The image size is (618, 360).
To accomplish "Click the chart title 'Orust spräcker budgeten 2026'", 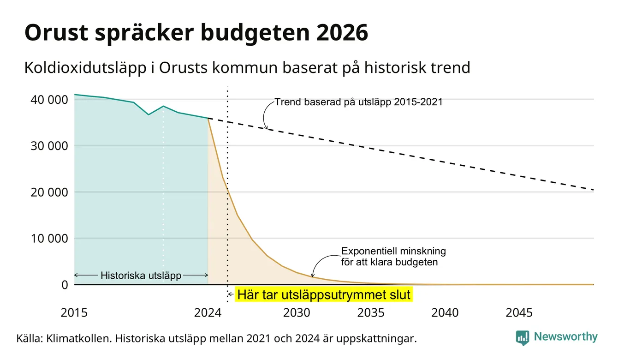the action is tap(196, 33).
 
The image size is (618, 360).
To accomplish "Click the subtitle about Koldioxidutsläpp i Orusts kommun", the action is tap(247, 68).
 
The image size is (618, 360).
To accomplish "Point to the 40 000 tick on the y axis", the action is tap(49, 100).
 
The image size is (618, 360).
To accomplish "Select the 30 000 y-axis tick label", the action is tap(49, 146).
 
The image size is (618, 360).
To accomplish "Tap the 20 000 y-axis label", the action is tap(49, 192).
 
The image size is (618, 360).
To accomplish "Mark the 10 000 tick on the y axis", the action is tap(49, 238).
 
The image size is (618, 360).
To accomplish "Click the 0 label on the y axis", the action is tap(65, 285).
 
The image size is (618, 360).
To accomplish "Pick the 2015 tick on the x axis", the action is tap(74, 313).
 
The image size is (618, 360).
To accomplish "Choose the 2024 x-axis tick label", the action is tap(208, 313).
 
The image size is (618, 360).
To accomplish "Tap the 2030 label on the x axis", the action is tap(297, 313).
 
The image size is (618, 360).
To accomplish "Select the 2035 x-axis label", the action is tap(371, 313).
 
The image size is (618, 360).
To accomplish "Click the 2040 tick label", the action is tap(445, 313).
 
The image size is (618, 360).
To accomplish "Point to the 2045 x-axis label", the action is tap(519, 313).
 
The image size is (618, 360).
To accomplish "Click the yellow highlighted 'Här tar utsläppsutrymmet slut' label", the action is tap(324, 294).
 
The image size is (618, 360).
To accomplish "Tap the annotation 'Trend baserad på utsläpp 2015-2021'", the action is tap(358, 102).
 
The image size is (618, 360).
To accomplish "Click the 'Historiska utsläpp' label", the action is tap(141, 276).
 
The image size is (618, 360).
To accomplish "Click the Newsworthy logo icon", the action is tap(523, 338).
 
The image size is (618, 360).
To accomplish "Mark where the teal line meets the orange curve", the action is tap(208, 119).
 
